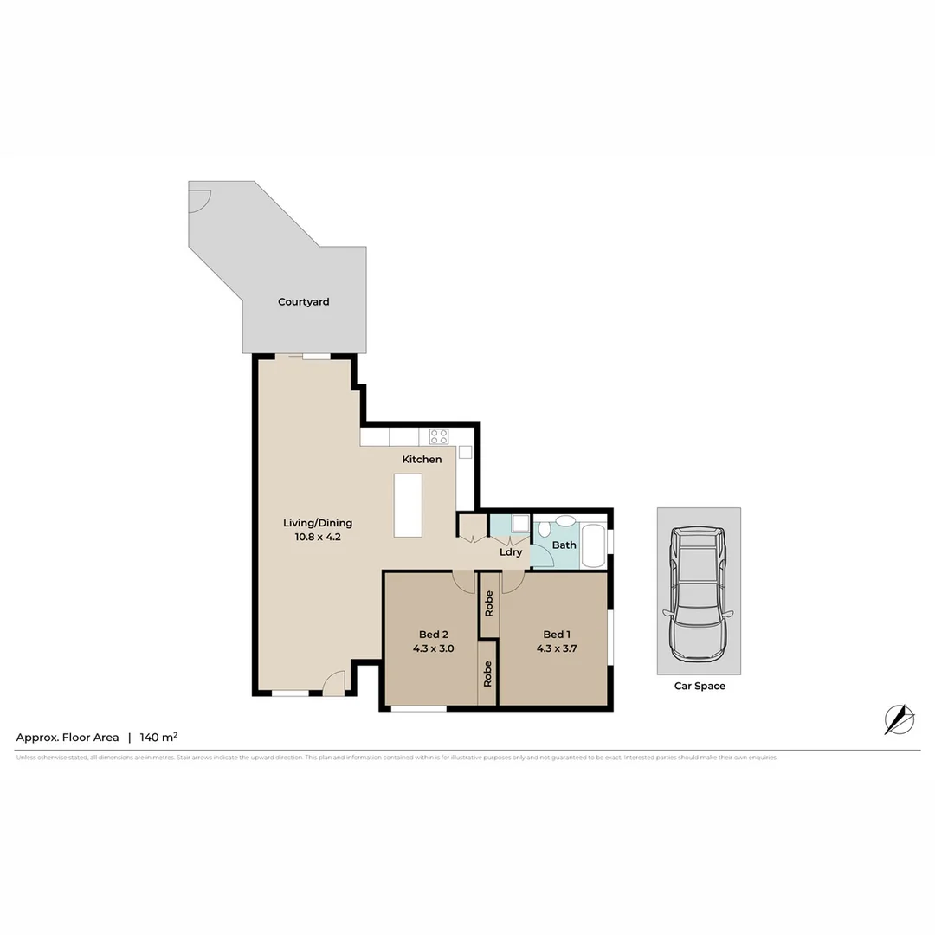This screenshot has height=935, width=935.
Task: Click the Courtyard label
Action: click(x=303, y=302)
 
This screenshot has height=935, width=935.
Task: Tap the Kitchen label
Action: click(x=422, y=459)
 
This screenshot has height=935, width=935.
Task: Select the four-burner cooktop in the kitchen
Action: click(x=439, y=436)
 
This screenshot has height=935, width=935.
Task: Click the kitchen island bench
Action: click(x=408, y=505)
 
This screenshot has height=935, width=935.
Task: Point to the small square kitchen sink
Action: click(x=465, y=452)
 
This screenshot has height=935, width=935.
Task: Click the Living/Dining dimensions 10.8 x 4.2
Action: click(x=318, y=537)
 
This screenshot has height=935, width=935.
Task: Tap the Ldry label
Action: click(x=511, y=551)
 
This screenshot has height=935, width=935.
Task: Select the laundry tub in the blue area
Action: click(x=519, y=523)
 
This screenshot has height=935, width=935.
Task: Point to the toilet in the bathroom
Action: click(x=545, y=532)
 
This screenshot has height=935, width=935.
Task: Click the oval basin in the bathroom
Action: click(x=564, y=521)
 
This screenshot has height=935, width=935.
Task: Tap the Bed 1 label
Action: click(x=556, y=634)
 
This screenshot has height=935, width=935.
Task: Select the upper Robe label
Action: click(x=489, y=603)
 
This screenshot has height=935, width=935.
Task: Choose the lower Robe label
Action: click(x=487, y=674)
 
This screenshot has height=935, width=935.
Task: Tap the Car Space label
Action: click(x=700, y=686)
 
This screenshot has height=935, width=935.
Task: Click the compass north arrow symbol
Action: click(x=899, y=719)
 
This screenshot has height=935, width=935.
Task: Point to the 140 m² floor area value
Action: click(x=158, y=738)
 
